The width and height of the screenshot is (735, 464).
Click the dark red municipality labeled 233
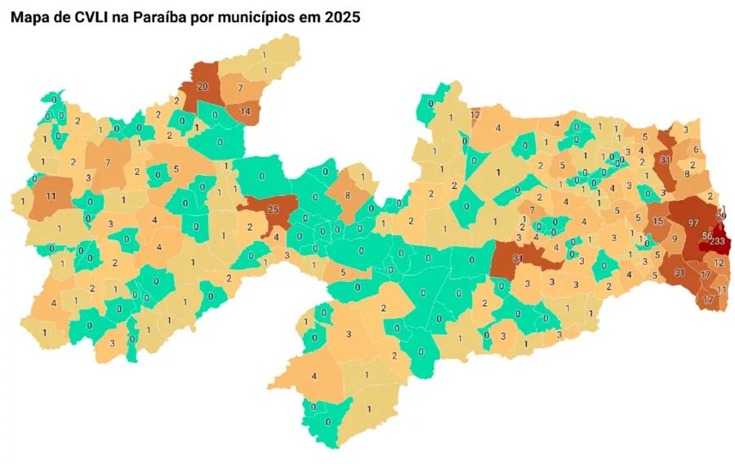point(716,242)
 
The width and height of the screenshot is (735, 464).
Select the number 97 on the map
point(693,223)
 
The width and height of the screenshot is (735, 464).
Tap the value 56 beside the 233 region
point(707,236)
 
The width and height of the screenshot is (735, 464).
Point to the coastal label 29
point(721,216)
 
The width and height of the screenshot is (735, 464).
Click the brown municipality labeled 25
point(273,210)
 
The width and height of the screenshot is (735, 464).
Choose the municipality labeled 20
point(203,87)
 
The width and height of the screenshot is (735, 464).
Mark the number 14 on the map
point(244,111)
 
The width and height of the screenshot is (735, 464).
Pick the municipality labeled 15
point(658,222)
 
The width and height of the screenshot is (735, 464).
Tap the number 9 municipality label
point(675,239)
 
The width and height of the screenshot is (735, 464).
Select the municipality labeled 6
point(695,149)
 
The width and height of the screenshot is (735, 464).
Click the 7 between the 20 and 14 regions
point(240,87)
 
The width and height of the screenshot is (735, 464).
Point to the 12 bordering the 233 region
point(718,263)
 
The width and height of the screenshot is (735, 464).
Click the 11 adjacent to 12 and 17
point(722,290)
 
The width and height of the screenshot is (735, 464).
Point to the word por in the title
point(203,16)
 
